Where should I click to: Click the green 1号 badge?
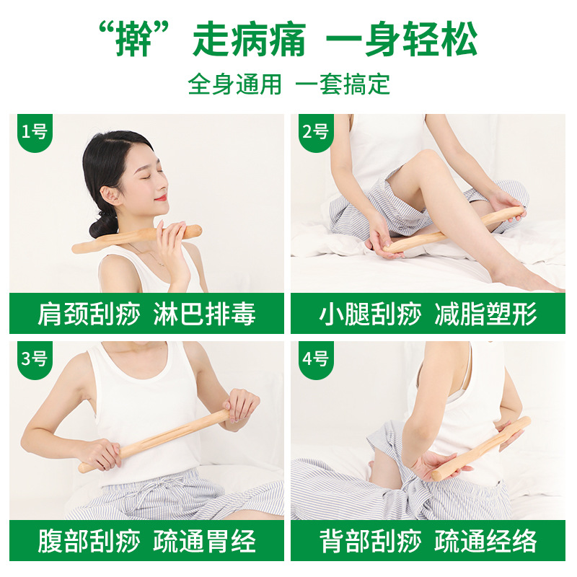coord(33,132)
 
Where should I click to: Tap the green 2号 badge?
coord(314,132)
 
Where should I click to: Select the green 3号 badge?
coord(33,358)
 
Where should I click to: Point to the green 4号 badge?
coord(314,358)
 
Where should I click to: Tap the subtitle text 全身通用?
coord(234,84)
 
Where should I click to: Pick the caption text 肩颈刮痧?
coord(85,314)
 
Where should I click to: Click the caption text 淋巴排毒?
coord(204,314)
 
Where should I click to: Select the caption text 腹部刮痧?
coord(85,541)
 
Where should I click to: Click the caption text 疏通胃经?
coord(204,541)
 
